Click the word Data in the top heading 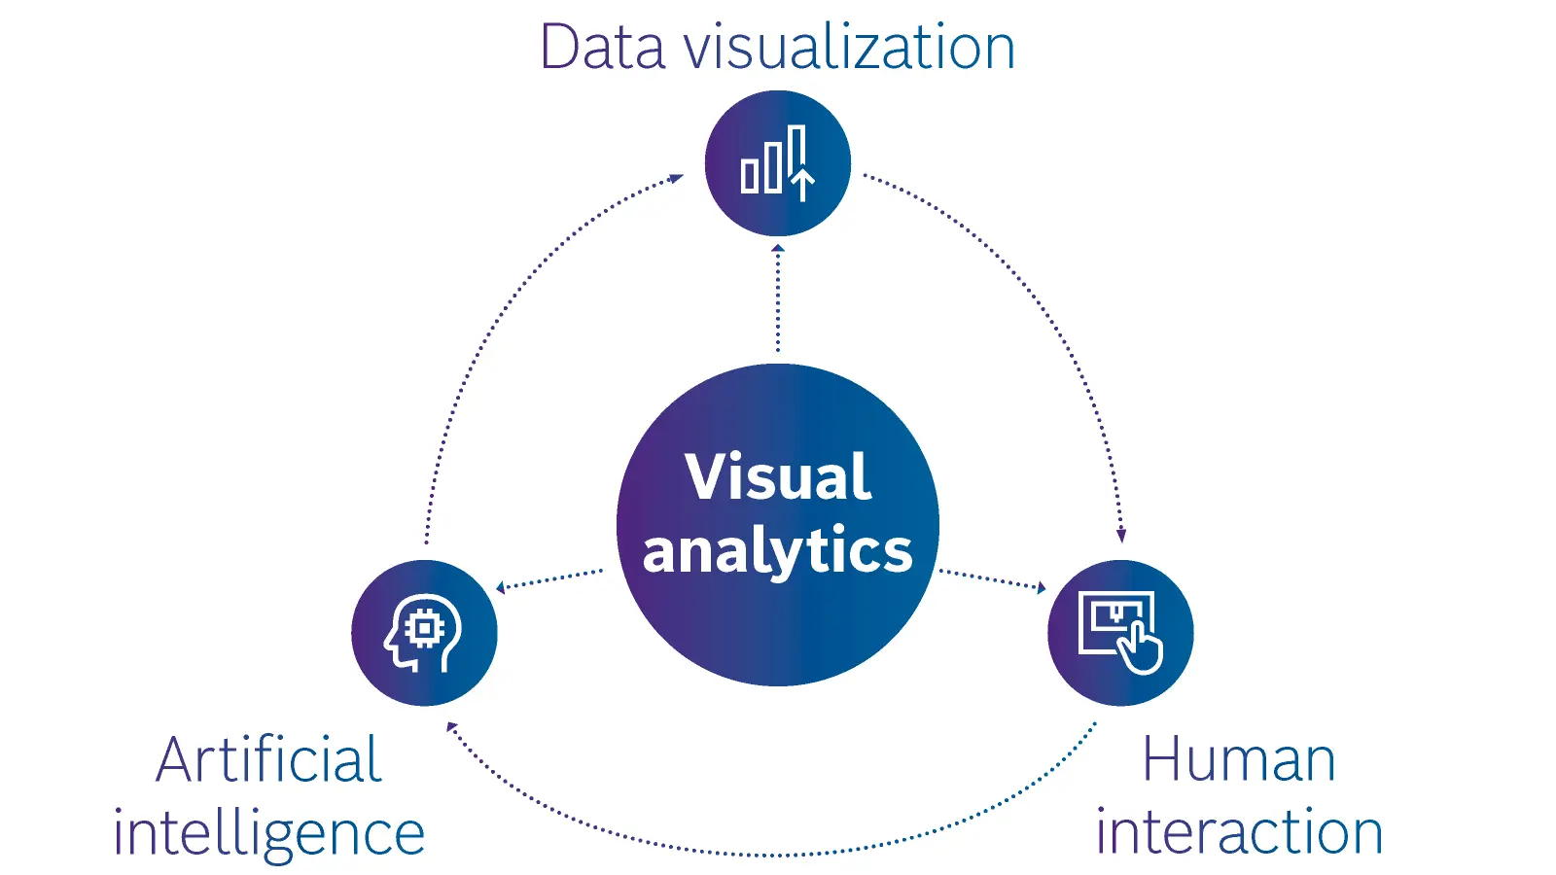(x=602, y=47)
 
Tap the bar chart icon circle (x=777, y=163)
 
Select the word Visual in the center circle (x=777, y=476)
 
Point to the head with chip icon (x=423, y=633)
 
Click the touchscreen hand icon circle (x=1120, y=633)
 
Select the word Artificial (x=268, y=759)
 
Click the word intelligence (x=268, y=832)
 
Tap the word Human (x=1239, y=759)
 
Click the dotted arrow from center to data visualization (x=778, y=297)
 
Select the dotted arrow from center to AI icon (x=548, y=580)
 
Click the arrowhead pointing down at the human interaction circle (x=1120, y=535)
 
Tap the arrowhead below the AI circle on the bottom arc (x=452, y=728)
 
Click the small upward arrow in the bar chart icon (x=803, y=184)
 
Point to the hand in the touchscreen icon (x=1139, y=648)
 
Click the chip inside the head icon (x=424, y=628)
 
